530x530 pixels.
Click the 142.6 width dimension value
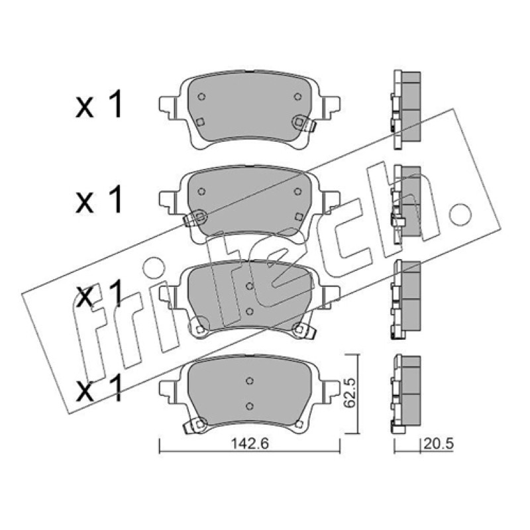[250, 443]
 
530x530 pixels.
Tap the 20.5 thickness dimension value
[439, 444]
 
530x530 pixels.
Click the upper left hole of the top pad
[201, 97]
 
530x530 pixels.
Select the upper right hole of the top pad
[297, 97]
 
